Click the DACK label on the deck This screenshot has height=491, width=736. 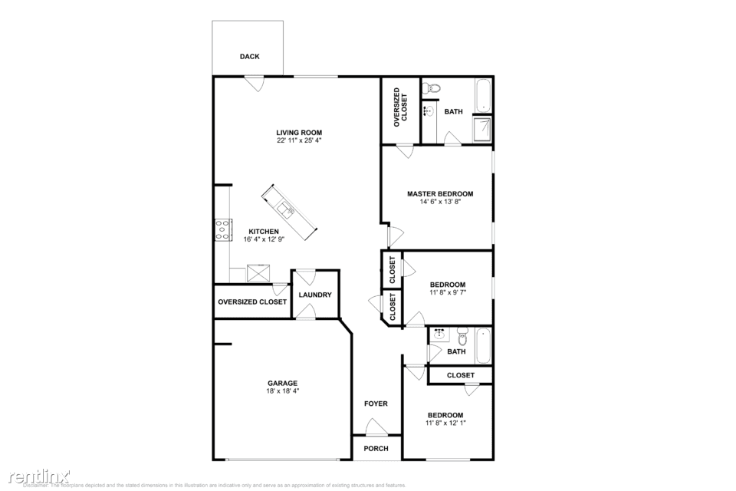pos(249,57)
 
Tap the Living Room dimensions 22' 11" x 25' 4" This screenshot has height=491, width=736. pos(299,141)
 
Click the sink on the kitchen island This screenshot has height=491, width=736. pos(286,209)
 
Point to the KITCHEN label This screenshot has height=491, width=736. pos(263,232)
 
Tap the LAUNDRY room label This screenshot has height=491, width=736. pos(314,295)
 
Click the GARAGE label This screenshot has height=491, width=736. pos(282,384)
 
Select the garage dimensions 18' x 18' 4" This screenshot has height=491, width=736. pos(282,391)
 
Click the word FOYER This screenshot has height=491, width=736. pos(376,404)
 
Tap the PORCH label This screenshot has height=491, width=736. pos(376,449)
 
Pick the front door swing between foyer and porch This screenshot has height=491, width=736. pos(375,427)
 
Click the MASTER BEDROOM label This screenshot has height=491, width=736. pos(439,194)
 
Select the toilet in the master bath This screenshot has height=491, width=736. pos(432,87)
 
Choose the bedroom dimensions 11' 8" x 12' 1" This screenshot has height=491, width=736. pos(445,423)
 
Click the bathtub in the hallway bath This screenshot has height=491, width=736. pos(483,345)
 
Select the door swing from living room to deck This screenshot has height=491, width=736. pos(254,83)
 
